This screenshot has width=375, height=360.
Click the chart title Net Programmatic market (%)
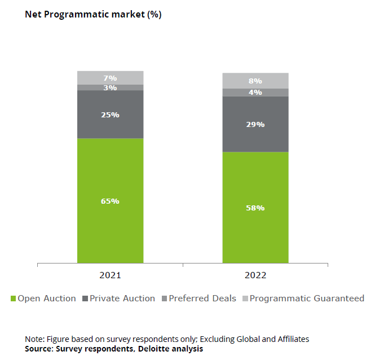93,15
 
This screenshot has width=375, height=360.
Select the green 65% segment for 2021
110,201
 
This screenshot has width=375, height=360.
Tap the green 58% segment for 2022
255,208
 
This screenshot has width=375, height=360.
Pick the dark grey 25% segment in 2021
110,115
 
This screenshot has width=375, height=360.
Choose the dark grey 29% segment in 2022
255,124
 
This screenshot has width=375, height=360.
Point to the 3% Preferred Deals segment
110,87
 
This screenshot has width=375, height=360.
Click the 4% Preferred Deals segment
255,93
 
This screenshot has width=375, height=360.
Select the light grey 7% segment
110,78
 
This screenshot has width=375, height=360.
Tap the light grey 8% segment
255,81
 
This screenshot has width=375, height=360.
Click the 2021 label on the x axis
110,276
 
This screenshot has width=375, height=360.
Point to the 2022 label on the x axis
255,276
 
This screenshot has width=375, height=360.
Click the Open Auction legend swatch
14,298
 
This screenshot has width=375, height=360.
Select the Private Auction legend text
122,298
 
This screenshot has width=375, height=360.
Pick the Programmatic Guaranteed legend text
307,298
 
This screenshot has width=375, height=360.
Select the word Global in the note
243,339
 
